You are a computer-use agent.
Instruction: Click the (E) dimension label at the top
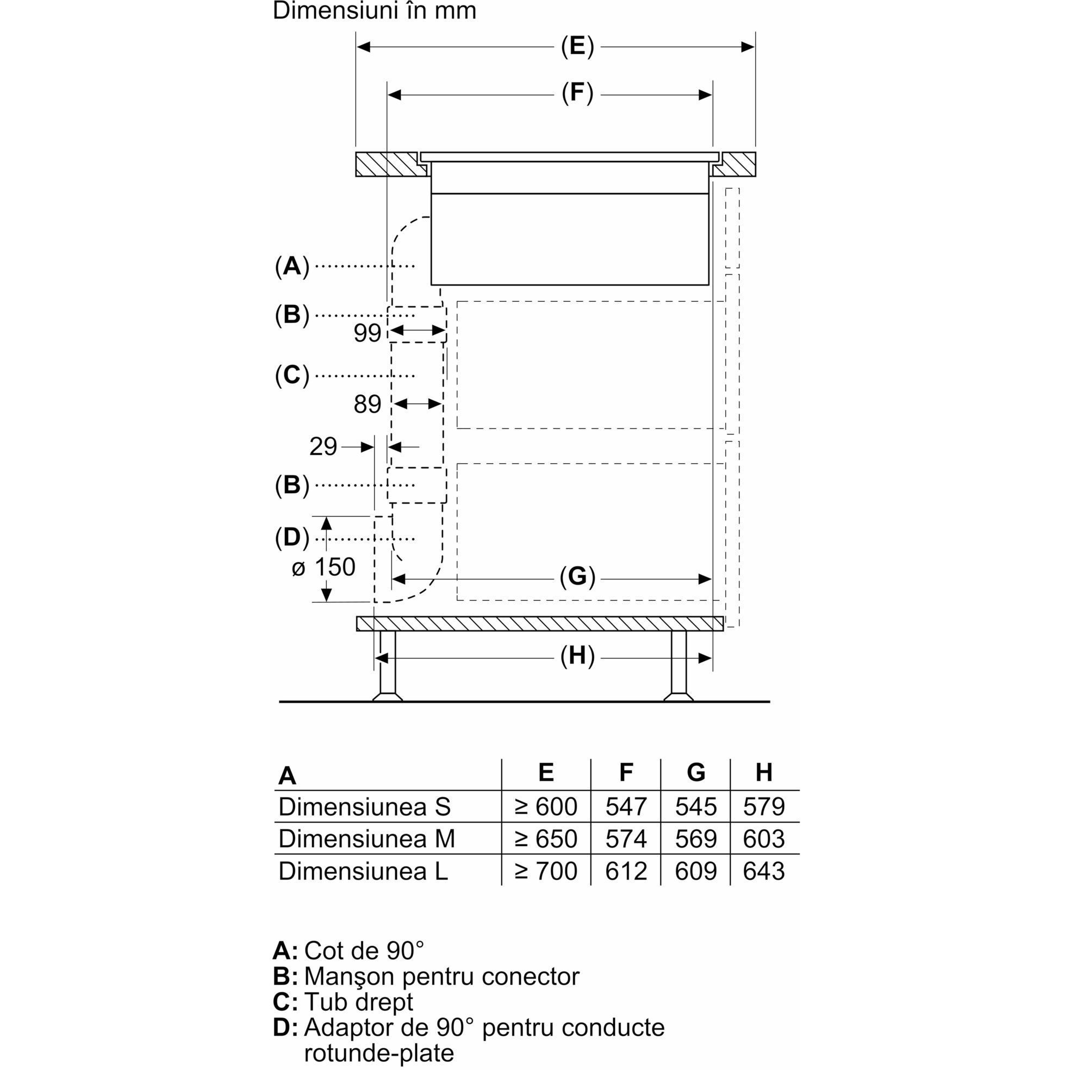click(577, 47)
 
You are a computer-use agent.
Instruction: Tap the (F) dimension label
click(577, 93)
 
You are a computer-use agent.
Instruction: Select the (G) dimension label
click(577, 577)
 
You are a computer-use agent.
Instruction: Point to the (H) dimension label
click(577, 656)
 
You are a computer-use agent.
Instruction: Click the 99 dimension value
click(367, 333)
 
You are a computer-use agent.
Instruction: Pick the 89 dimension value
click(367, 405)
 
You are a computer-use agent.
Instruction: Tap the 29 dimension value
click(323, 446)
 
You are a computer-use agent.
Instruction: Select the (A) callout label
click(292, 266)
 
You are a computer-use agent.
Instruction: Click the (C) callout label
click(292, 376)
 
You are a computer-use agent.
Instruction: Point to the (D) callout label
click(292, 538)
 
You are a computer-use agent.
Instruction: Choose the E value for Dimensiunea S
click(546, 807)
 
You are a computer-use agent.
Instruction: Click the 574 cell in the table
click(626, 839)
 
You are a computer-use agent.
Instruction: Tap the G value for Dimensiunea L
click(695, 871)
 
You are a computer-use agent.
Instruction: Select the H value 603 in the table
click(764, 839)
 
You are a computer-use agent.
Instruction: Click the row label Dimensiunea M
click(366, 839)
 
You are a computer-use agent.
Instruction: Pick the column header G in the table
click(695, 772)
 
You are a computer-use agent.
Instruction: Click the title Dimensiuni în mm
click(375, 11)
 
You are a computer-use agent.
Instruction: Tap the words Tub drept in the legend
click(358, 1002)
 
